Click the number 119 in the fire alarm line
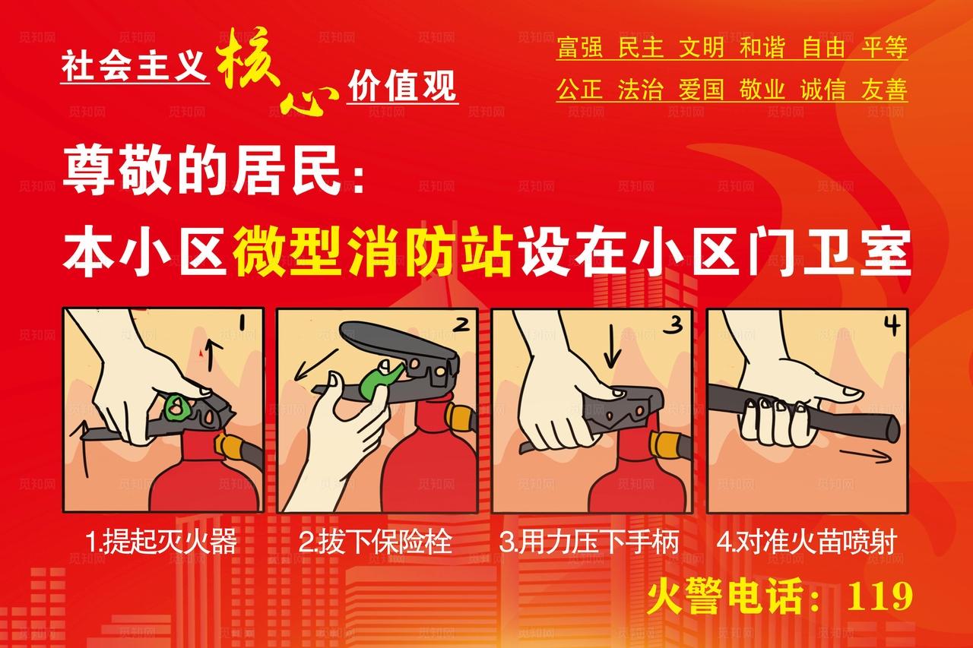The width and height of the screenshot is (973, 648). pyautogui.click(x=880, y=596)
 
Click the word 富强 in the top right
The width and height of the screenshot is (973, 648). pyautogui.click(x=579, y=49)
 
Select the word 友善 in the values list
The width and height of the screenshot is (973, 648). pyautogui.click(x=884, y=90)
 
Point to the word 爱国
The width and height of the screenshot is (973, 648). pyautogui.click(x=701, y=90)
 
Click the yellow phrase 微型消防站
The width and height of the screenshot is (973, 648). pyautogui.click(x=372, y=252)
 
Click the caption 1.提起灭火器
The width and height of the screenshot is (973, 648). pyautogui.click(x=162, y=542)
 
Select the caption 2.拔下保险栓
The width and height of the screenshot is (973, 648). pyautogui.click(x=375, y=542)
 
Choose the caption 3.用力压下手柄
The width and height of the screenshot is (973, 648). pyautogui.click(x=588, y=542)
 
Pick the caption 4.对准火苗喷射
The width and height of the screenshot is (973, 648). pyautogui.click(x=807, y=542)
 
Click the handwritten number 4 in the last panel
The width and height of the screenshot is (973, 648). pyautogui.click(x=891, y=326)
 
